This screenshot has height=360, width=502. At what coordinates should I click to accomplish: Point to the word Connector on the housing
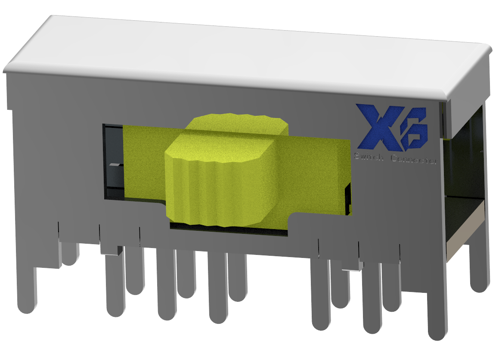point(414,160)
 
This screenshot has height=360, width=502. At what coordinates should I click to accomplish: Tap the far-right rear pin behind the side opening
point(479,267)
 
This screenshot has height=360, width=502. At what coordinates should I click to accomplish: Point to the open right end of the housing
point(465,172)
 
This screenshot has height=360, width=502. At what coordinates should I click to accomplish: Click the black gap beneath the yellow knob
point(228,230)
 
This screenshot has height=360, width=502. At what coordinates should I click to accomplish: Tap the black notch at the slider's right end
point(348,198)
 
